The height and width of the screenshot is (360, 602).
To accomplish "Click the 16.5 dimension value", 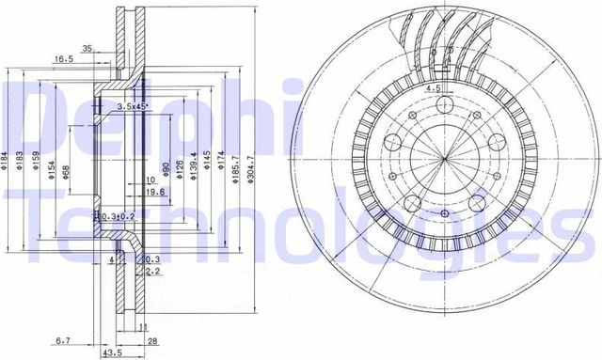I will coord(63,58).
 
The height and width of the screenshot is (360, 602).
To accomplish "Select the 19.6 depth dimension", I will coord(156,193).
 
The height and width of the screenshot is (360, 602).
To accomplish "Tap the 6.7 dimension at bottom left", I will coord(62,339).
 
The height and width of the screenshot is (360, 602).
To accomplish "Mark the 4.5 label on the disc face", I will coord(435,88).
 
